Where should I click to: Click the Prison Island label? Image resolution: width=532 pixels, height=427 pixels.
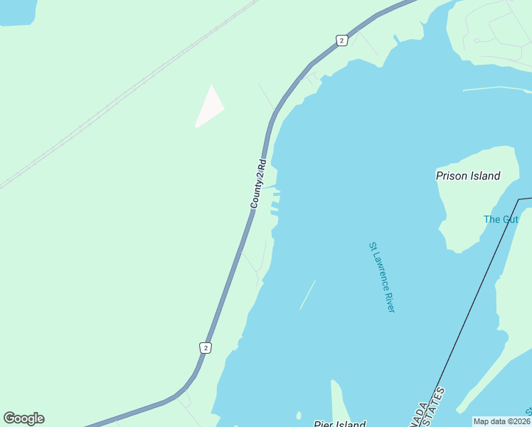coord(468,176)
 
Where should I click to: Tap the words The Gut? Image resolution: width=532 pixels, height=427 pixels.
coord(501,219)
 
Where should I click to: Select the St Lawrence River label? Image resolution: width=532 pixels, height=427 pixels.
coord(381,277)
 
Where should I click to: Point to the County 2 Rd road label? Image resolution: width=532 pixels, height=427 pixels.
coord(257,183)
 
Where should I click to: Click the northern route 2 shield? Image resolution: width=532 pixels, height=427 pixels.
coord(341,41)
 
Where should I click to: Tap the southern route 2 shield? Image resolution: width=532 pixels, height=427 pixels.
coord(206,347)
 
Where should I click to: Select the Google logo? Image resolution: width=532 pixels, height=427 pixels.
coord(23,418)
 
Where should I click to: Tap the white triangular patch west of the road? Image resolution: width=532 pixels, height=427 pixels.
coord(209,108)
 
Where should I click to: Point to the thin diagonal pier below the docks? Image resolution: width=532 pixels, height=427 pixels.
coord(307,295)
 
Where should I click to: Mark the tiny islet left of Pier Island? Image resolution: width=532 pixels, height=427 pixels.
coord(299,416)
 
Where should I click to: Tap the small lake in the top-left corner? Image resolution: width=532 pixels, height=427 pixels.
coord(16,11)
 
